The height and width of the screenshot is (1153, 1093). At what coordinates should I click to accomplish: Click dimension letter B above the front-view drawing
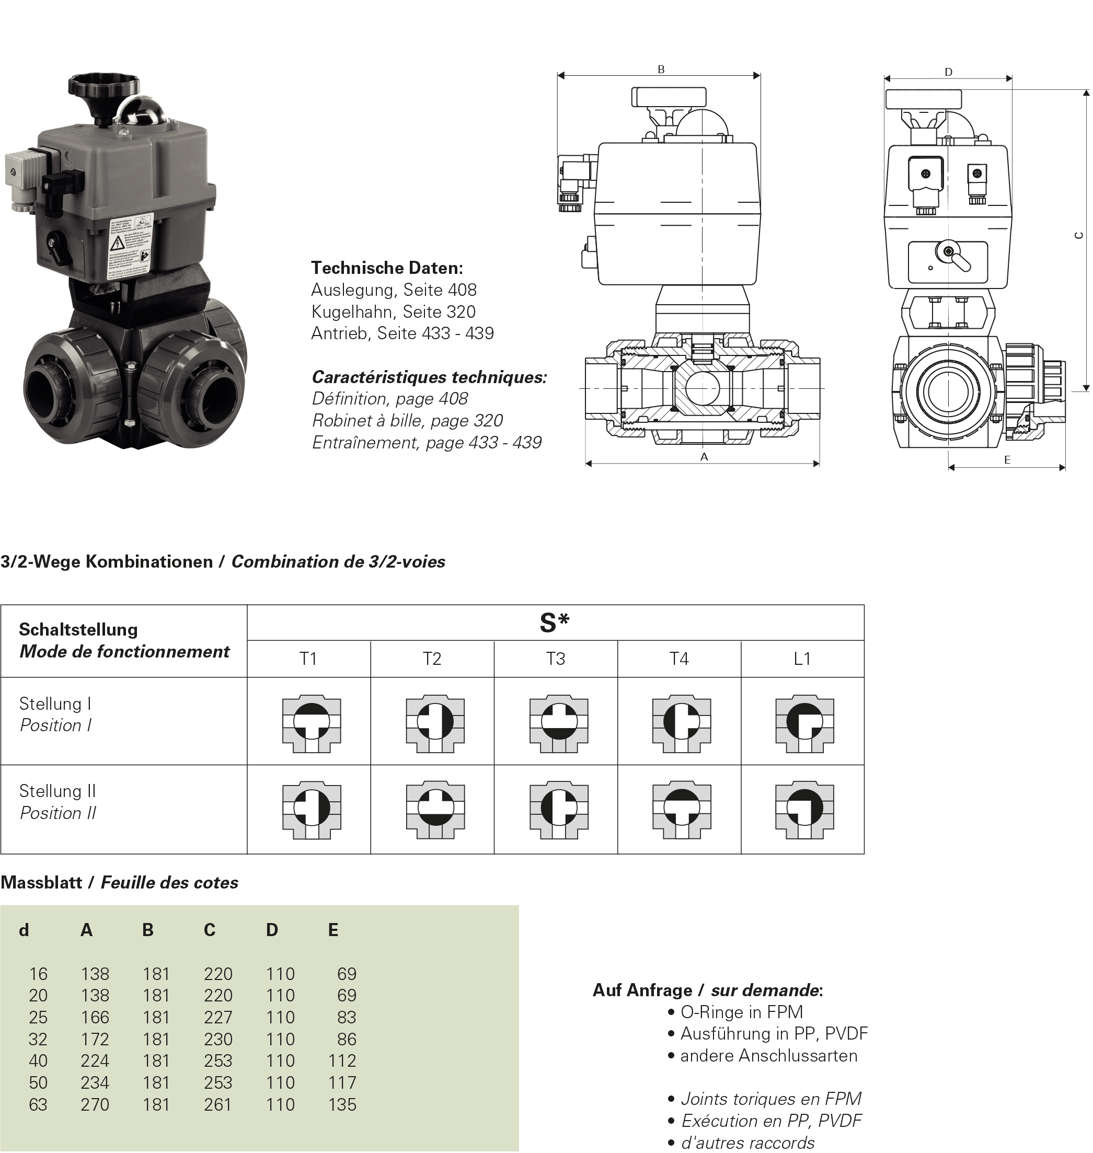point(662,70)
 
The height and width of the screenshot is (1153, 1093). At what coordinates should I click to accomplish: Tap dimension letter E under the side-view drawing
point(1008,460)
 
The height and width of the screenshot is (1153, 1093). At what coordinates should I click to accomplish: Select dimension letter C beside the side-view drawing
point(1079,236)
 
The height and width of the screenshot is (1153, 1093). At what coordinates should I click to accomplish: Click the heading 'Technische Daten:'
point(387,268)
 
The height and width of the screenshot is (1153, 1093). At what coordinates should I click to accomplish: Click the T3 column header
point(556,659)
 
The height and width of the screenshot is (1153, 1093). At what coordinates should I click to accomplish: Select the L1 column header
point(803,659)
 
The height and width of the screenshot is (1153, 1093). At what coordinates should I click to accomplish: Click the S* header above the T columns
point(555,624)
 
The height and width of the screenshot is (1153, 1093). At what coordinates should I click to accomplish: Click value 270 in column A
point(95,1104)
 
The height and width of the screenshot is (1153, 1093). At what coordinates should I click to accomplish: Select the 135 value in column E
point(342,1104)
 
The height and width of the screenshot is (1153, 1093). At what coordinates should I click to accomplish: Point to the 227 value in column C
point(218,1017)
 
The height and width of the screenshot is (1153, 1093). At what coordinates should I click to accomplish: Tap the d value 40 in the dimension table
point(39,1061)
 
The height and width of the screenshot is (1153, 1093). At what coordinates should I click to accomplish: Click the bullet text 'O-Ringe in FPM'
point(741,1012)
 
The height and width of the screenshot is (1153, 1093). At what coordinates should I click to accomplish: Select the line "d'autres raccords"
point(747,1143)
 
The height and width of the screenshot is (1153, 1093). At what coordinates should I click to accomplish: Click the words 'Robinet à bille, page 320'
point(407,421)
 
